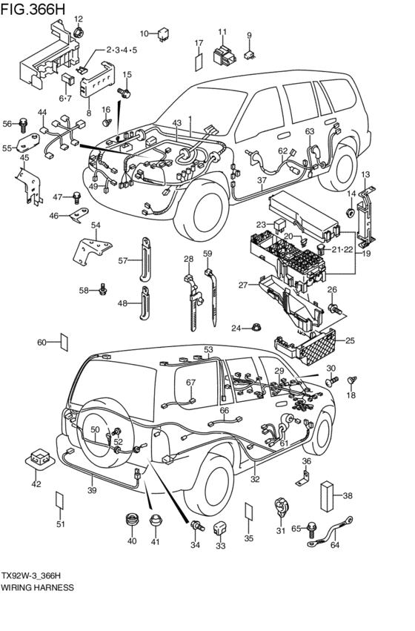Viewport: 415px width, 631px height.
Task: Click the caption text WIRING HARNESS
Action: pos(37,587)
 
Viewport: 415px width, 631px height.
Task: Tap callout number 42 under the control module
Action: pos(36,484)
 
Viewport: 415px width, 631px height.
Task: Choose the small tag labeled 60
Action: pos(64,342)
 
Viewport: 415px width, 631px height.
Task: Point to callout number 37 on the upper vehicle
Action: pos(261,180)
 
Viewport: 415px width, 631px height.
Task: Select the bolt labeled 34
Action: pos(197,526)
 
